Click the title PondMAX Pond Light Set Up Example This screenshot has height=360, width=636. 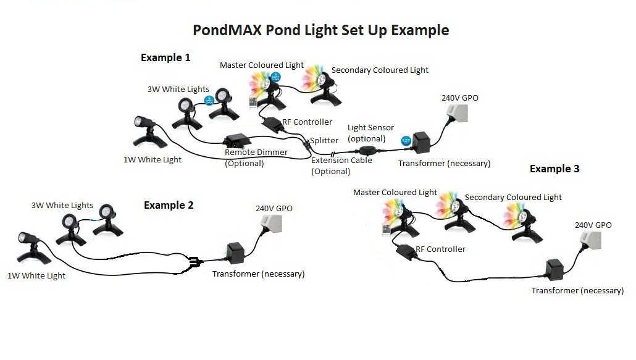(320, 30)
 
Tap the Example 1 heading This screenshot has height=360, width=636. (165, 57)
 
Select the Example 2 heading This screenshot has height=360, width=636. (169, 205)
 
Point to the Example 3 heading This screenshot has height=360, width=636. (554, 169)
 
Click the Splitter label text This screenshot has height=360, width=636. (324, 141)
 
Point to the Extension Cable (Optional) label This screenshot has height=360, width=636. (341, 165)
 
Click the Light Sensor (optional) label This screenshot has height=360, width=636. (367, 133)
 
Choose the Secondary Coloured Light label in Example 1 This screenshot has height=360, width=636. (380, 70)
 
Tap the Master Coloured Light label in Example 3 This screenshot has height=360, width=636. (395, 193)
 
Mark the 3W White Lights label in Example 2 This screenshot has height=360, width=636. (62, 206)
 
